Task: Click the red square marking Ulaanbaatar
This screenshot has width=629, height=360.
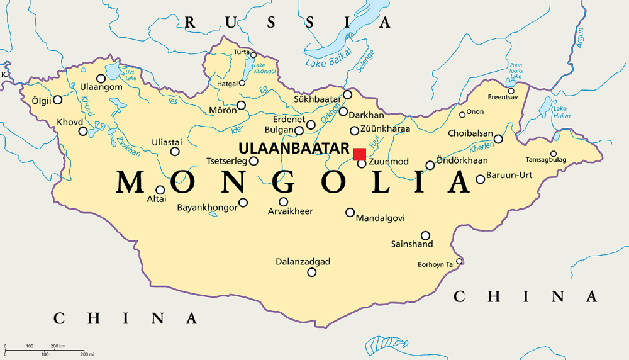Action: pos(359,154)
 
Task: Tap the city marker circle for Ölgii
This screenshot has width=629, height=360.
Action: pos(58,99)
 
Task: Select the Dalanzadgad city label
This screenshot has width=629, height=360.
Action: pos(303,261)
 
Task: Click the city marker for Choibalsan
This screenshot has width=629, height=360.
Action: pos(498,138)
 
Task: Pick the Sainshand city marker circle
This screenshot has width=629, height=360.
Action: pos(425,235)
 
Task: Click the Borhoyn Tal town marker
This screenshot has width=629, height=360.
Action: pos(459,261)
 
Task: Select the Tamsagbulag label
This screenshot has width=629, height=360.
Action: pos(545,160)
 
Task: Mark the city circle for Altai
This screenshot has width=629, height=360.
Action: pos(160,189)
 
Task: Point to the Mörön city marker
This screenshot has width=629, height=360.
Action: pos(241,105)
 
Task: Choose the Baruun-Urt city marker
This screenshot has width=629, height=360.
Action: pos(480,179)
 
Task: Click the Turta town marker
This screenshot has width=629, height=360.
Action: pos(253,55)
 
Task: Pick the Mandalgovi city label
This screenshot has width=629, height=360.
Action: pos(380,218)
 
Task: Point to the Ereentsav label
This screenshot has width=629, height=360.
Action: pos(503,97)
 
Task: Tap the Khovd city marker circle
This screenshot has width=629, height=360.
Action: pos(83,131)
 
